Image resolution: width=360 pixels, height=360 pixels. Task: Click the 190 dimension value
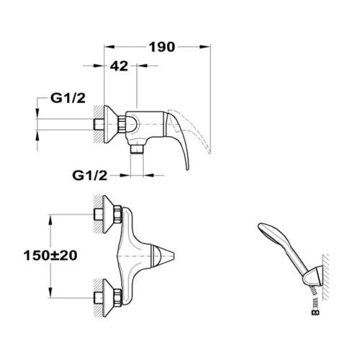coord(162,48)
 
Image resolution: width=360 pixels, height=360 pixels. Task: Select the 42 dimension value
coord(119,66)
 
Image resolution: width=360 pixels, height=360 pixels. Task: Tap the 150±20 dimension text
coord(50,256)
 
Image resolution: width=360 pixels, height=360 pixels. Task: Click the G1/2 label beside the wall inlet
coord(68,98)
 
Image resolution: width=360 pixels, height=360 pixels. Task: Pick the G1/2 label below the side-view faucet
coord(90,176)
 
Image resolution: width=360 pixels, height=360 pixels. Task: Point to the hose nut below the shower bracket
coord(315,312)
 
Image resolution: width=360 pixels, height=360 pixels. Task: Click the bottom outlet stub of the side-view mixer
coord(137,149)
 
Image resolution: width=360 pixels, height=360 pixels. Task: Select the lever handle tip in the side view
coord(187,167)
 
